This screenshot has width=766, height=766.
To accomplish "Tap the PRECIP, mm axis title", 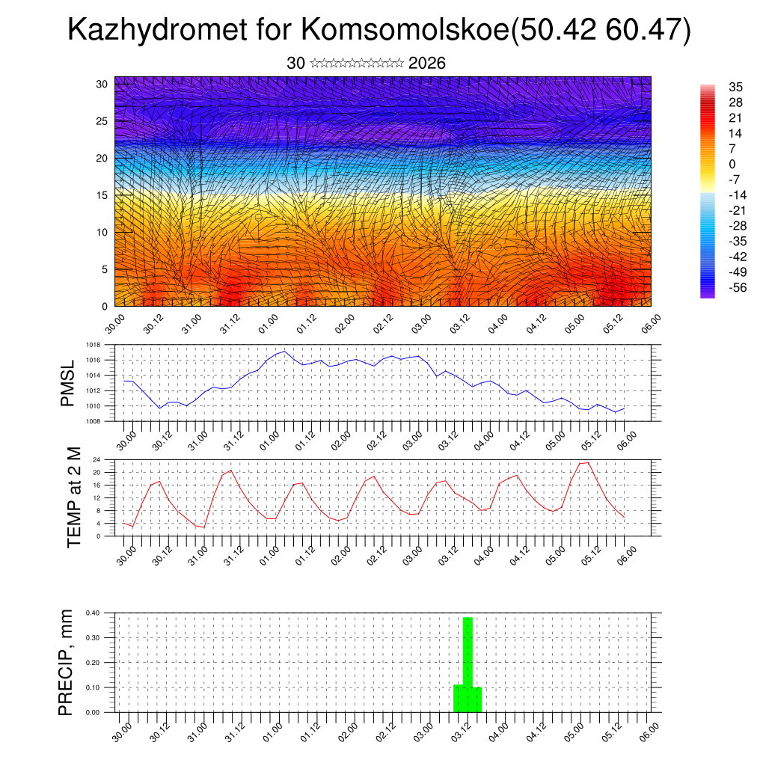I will click(x=67, y=662).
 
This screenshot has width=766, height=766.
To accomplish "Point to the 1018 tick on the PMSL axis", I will click(x=92, y=346).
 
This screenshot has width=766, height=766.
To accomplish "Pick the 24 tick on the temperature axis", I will click(x=96, y=459).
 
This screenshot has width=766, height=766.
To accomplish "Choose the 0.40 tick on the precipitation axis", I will click(x=93, y=613).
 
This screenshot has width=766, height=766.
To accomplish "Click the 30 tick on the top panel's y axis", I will click(x=102, y=83).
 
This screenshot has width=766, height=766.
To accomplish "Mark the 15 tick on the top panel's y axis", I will click(x=102, y=194).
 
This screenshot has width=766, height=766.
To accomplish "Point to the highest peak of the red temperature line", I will click(x=588, y=462).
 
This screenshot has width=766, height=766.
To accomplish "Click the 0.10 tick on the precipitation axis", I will click(x=93, y=687).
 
